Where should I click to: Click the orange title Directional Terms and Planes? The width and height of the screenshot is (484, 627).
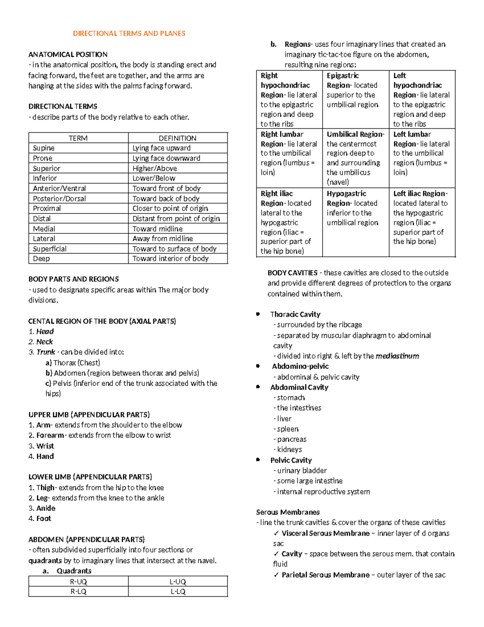[x=129, y=34]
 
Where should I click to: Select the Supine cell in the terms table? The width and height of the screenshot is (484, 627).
[x=44, y=148]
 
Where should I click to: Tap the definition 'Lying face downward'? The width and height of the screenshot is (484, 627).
[x=166, y=158]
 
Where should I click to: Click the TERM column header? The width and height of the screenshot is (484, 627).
[x=78, y=138]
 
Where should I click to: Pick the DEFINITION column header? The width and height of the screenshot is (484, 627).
[x=177, y=138]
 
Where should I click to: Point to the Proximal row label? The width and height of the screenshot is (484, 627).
[x=47, y=208]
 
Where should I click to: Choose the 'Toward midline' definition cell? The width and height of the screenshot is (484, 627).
[x=157, y=229]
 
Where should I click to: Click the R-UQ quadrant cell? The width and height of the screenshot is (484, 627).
[x=78, y=582]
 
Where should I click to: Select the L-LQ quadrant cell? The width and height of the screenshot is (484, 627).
[x=177, y=591]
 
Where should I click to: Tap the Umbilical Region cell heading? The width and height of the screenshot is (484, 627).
[x=355, y=134]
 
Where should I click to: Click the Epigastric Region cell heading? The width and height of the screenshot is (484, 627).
[x=342, y=76]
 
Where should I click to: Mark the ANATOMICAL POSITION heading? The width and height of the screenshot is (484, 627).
[x=68, y=55]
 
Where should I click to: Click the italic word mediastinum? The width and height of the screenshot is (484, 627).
[x=397, y=356]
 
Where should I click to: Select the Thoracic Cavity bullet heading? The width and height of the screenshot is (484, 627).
[x=295, y=315]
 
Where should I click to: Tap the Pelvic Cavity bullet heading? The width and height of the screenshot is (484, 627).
[x=291, y=460]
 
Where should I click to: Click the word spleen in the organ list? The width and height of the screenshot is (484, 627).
[x=288, y=429]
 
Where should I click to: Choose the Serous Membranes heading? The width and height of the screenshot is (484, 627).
[x=288, y=512]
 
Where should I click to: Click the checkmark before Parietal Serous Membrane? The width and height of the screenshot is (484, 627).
[x=276, y=575]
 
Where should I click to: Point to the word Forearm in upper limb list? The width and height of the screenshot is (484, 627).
[x=50, y=435]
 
